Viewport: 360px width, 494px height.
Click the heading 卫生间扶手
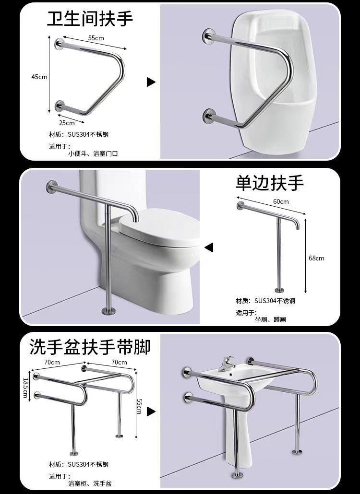point(90,19)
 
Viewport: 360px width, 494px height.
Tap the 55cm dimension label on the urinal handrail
point(96,38)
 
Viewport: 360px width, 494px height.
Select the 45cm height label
point(39,77)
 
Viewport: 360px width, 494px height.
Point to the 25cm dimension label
point(67,123)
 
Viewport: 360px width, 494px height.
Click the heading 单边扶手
point(270,183)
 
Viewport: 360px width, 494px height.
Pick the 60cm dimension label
point(281,201)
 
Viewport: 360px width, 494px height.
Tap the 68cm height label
point(316,258)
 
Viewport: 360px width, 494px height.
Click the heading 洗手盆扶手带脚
point(90,347)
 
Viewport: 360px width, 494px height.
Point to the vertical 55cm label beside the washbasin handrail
point(139,406)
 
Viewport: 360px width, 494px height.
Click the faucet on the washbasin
point(228,364)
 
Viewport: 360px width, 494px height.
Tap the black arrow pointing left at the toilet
point(209,247)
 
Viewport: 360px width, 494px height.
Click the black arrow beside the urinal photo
point(151,82)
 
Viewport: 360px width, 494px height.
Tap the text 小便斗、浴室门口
point(93,154)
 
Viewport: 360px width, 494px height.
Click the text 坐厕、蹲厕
point(270,320)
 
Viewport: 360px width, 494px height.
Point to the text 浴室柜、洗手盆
point(90,483)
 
